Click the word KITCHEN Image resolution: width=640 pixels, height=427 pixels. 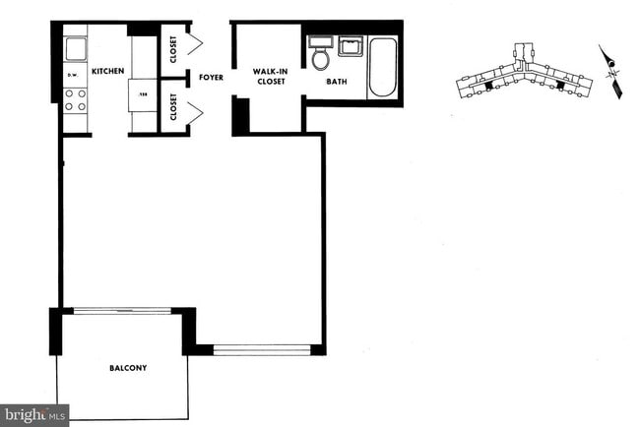click(x=106, y=72)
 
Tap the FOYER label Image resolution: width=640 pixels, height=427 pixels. click(x=209, y=77)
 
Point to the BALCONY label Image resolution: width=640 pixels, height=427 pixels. click(x=127, y=369)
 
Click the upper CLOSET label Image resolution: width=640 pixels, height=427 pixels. click(x=173, y=49)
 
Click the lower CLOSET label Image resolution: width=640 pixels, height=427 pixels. click(x=173, y=107)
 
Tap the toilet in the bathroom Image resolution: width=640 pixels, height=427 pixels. click(x=320, y=55)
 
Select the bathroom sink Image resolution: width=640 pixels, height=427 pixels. click(x=351, y=46)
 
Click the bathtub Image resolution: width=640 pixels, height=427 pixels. click(x=382, y=67)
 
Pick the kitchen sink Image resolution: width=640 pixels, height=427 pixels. click(x=75, y=47)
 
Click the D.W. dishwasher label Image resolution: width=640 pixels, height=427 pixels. click(x=72, y=75)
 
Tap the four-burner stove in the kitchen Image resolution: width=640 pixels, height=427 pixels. click(x=76, y=98)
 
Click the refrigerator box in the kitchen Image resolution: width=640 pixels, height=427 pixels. click(x=144, y=95)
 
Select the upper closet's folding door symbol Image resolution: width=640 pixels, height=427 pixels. click(x=195, y=44)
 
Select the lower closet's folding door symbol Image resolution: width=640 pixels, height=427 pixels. click(x=195, y=113)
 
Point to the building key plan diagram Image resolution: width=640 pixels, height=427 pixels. click(x=522, y=74)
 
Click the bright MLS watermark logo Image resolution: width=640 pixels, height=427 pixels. click(x=34, y=415)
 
